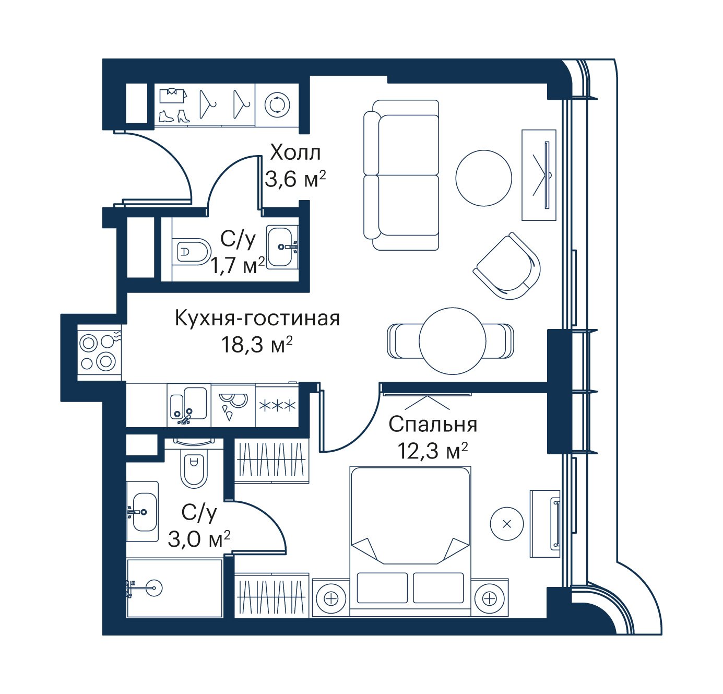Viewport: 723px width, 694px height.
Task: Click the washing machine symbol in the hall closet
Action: pos(277,104)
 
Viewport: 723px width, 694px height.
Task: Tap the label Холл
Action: pos(295,152)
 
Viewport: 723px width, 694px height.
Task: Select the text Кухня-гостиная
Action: pos(257,319)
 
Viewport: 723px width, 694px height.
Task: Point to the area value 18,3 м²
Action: pos(257,345)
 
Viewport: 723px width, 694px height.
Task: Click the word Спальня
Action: pos(433,425)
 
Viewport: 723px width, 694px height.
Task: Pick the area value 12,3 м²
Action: pos(432,451)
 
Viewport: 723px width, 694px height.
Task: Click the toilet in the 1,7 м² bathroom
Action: pos(192,252)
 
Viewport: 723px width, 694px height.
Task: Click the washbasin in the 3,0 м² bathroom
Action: pos(143,512)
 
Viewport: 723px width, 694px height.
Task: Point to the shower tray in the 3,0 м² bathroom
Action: pos(175,588)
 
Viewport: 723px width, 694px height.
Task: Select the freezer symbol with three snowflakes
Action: pos(277,406)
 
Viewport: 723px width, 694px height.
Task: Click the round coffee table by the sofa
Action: pos(484,178)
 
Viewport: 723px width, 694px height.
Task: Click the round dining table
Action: pos(453,341)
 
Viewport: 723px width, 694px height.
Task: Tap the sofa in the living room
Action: pos(401,175)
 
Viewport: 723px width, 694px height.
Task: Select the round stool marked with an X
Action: pos(507,524)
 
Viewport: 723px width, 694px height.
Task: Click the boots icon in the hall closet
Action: pos(174,116)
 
